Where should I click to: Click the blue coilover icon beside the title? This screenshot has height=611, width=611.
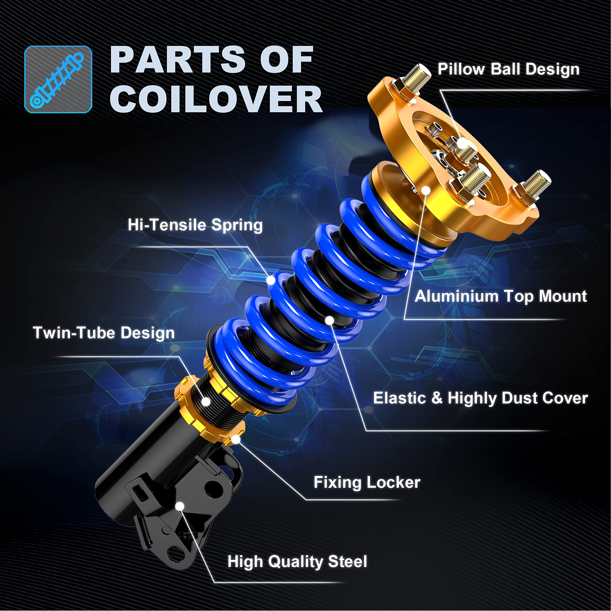[x=58, y=79]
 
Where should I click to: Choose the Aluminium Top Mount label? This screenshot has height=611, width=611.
[x=501, y=296]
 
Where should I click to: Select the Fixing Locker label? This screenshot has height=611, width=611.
[x=367, y=483]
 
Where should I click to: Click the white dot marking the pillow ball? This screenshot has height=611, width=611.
[x=463, y=144]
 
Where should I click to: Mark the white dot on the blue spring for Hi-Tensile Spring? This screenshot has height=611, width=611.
[x=271, y=280]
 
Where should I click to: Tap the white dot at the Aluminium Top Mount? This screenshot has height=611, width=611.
[x=426, y=190]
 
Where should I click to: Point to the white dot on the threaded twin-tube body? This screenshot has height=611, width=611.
[x=206, y=402]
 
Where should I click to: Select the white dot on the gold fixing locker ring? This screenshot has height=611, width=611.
[x=236, y=439]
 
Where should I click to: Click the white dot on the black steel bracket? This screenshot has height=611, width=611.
[x=180, y=506]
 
